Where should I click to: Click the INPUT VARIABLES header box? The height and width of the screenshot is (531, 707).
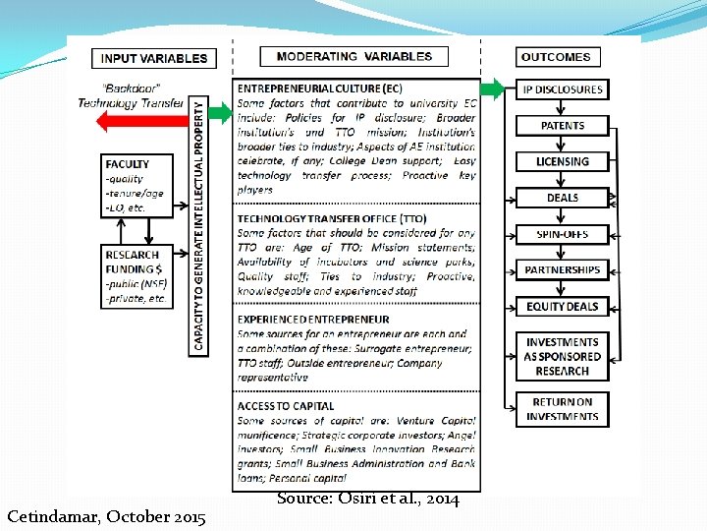[153, 58]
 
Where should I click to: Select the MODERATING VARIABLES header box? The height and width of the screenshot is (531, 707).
[353, 57]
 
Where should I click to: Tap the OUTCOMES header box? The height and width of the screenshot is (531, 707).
[556, 58]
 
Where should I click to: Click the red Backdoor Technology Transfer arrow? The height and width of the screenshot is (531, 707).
[137, 121]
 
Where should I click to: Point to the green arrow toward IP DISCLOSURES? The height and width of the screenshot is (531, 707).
[497, 89]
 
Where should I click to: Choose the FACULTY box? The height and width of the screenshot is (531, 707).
[137, 186]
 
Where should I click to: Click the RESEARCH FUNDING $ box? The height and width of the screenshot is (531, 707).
[137, 276]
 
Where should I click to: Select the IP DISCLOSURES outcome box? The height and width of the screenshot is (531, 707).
[562, 89]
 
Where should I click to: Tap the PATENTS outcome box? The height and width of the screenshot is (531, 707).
[562, 126]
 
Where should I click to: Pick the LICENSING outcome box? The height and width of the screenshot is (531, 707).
[562, 161]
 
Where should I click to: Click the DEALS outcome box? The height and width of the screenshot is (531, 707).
[562, 198]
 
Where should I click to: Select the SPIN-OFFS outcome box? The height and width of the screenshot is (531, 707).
[562, 234]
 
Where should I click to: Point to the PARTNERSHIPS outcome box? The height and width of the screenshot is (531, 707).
[562, 269]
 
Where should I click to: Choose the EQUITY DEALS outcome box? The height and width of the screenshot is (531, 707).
[562, 306]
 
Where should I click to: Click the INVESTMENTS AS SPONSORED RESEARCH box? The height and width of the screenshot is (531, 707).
[562, 356]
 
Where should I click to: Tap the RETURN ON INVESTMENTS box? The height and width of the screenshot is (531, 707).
[562, 409]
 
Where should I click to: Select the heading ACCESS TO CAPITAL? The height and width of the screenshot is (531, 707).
[286, 406]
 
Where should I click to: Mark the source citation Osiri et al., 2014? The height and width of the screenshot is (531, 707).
[367, 500]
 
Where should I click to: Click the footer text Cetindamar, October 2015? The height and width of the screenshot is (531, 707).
[106, 516]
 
